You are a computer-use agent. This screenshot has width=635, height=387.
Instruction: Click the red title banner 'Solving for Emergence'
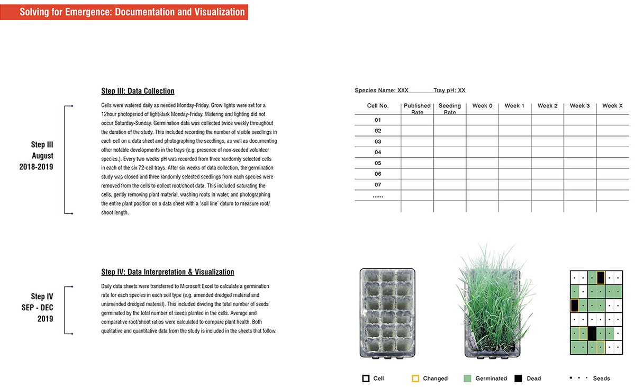coord(132,12)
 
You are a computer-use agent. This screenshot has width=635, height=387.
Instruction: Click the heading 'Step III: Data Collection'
coord(138,91)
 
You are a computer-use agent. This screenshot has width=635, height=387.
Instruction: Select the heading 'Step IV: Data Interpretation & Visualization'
coord(167,272)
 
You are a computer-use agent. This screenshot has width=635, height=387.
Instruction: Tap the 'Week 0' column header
coord(482,106)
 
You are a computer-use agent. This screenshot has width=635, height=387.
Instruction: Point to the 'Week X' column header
coord(612,106)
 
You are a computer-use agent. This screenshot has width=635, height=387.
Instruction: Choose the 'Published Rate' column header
coord(417,109)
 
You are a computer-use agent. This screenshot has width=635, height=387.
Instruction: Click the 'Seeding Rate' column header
coord(450,109)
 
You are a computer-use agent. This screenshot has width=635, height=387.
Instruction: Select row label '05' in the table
coord(378,163)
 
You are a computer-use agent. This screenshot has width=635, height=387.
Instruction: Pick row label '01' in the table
coord(378,120)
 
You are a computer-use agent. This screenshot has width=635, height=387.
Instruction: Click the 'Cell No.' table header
coord(378,106)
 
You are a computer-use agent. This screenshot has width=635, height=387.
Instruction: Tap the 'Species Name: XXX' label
coord(382,91)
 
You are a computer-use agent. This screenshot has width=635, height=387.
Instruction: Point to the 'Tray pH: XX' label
coord(449,91)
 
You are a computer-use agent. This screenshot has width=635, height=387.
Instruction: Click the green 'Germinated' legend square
coord(467,379)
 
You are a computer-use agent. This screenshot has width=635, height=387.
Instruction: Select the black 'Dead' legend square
coord(518,379)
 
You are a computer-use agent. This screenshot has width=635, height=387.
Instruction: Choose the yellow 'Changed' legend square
coord(415,379)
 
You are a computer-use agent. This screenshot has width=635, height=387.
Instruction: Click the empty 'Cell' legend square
coord(366,379)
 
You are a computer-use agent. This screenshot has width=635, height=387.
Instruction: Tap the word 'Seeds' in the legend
coord(601,379)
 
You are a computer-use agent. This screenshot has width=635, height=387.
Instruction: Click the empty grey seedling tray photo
coord(388,312)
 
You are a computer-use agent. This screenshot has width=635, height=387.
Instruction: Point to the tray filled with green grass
coord(491,307)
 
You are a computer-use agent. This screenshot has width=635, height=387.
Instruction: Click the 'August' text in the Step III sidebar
coord(42,156)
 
